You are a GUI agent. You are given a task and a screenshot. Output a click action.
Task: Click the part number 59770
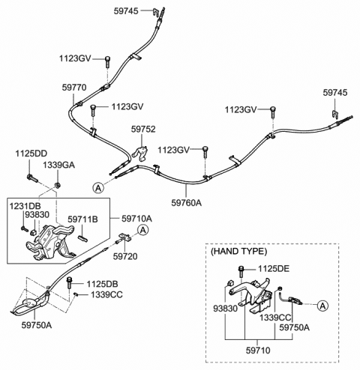[x=74, y=87]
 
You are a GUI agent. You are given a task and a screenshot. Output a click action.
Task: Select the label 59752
[x=144, y=129]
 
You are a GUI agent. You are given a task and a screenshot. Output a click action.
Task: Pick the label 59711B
[x=82, y=219]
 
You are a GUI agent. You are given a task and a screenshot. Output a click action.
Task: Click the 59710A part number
[x=136, y=219]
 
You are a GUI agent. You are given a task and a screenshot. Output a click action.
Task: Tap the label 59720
[x=126, y=256]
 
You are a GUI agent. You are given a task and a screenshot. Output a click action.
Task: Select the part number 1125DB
[x=102, y=284]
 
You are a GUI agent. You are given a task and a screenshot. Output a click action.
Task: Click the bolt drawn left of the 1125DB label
[x=70, y=284]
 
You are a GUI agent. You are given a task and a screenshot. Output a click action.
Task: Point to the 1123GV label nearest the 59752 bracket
[x=173, y=149]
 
